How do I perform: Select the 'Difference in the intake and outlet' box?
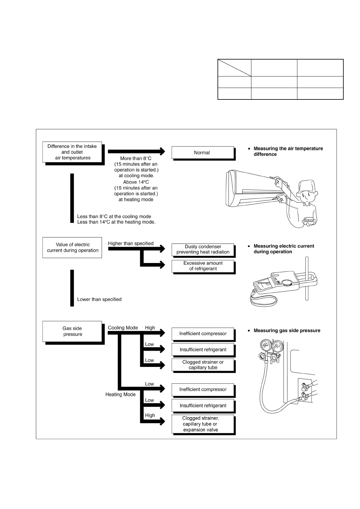coord(72,152)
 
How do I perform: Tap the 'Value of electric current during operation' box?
coord(72,248)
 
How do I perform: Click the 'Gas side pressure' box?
coord(72,331)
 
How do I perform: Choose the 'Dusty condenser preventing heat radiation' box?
coord(203,249)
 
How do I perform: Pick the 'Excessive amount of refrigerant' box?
coord(203,266)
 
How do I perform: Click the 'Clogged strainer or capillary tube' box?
coord(203,365)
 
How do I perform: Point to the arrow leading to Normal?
coord(136,151)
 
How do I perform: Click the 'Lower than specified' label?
coord(99,300)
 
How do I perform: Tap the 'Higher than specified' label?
coord(131,244)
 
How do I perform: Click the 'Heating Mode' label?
coord(120,394)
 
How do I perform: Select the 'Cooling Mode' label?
coord(123,328)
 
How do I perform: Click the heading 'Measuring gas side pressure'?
coord(287,331)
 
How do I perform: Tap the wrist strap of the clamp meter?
coord(263,301)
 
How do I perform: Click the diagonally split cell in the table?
coord(234,68)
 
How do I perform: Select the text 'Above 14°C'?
coord(136,182)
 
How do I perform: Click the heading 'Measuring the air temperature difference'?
coord(288,151)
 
